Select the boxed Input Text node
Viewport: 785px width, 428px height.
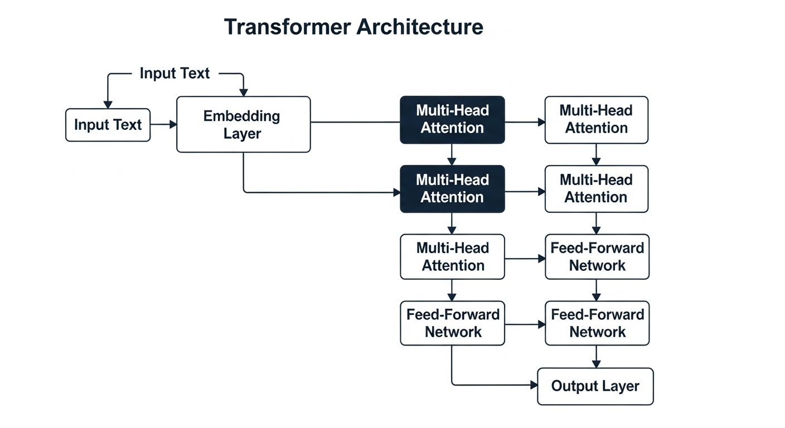coord(108,125)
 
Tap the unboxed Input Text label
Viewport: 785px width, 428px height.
coord(175,73)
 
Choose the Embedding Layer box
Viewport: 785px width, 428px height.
coord(243,124)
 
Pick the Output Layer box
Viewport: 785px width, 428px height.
coord(595,386)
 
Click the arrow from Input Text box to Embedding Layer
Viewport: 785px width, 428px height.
coord(163,125)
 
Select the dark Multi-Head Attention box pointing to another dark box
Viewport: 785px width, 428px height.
coord(452,119)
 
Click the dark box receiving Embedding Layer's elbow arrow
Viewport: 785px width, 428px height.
coord(452,189)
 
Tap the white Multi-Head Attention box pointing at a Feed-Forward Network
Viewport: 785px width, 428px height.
coord(452,257)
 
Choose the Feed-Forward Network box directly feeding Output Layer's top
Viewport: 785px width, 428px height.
coord(597,323)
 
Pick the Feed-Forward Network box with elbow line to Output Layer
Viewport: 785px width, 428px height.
coord(452,323)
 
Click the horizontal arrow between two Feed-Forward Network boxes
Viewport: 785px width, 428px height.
coord(524,324)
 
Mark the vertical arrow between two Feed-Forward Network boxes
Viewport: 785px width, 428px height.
coord(597,290)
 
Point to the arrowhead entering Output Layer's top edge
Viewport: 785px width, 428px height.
coord(597,363)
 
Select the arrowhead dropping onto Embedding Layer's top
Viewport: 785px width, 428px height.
coord(244,92)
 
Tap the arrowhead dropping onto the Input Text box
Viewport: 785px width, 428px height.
coord(108,104)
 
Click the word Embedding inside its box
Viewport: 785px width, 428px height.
coord(241,116)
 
